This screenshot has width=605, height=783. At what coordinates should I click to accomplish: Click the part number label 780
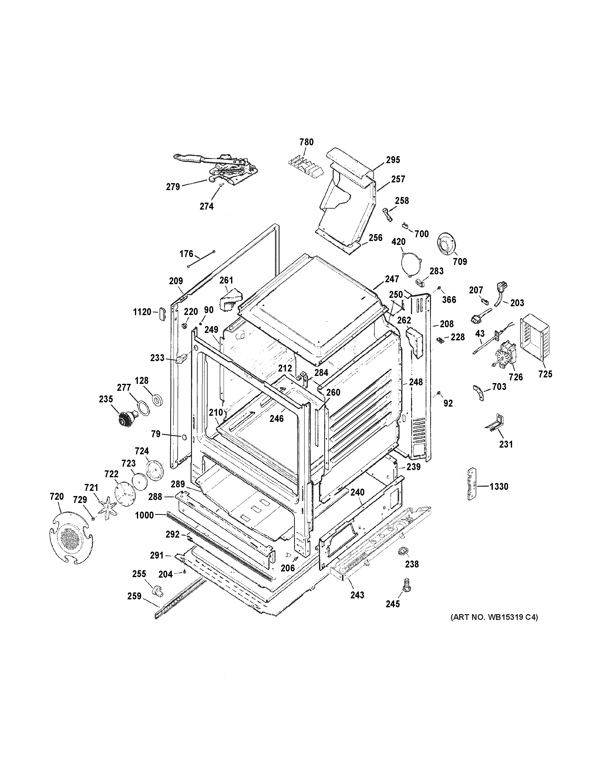click(306, 142)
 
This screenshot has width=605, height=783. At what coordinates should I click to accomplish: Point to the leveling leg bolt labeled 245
click(406, 584)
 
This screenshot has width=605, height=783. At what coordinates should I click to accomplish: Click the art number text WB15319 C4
click(494, 617)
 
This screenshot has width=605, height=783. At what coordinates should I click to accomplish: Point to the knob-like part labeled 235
click(128, 418)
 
